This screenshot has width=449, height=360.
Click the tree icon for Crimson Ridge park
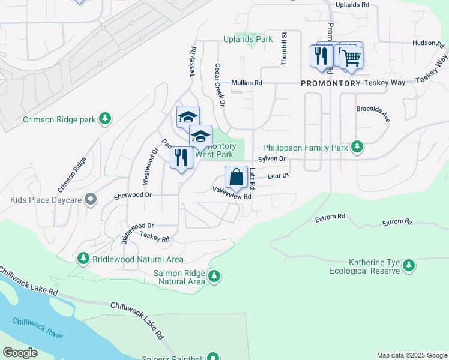click(x=106, y=119)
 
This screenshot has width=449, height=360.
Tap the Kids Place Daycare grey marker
click(x=91, y=199)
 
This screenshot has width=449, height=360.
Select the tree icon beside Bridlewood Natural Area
click(x=83, y=259)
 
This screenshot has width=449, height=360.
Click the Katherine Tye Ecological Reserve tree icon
click(x=409, y=265)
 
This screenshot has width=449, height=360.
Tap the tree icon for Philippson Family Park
click(x=357, y=146)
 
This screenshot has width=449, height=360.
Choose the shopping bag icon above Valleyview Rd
click(x=236, y=178)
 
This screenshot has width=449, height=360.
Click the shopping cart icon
click(x=351, y=58)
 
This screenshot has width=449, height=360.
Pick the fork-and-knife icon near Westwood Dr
click(x=181, y=158)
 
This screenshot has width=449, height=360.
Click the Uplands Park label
click(x=248, y=40)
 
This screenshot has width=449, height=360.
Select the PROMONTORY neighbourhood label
click(x=331, y=83)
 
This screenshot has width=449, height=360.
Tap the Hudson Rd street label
click(x=427, y=43)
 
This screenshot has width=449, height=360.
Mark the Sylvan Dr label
click(x=272, y=159)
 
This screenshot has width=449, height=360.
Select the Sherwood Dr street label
click(x=133, y=196)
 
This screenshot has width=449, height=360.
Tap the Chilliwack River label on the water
click(x=38, y=328)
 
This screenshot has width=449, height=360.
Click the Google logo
click(x=20, y=353)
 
